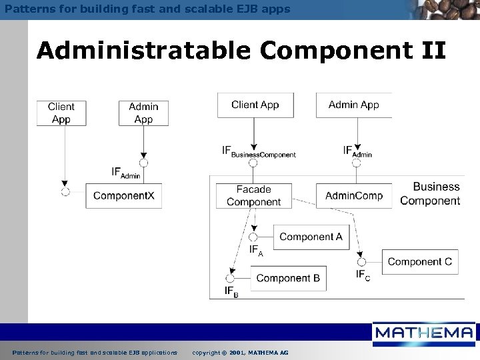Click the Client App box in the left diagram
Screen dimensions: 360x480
(61, 112)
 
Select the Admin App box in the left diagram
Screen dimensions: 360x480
(143, 112)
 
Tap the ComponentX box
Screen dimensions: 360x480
(123, 195)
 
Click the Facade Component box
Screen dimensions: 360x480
(253, 195)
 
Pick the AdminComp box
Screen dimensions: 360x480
(354, 195)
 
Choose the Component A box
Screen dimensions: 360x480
(311, 237)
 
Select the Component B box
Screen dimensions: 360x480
(288, 278)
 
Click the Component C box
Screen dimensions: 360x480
(419, 261)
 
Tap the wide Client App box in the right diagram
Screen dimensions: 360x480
(255, 105)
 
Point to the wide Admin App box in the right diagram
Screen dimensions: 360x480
(354, 105)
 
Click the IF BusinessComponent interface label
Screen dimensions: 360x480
(259, 151)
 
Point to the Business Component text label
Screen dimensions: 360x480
(430, 193)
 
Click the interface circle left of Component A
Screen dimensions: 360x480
(253, 237)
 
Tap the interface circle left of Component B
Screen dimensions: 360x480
(230, 278)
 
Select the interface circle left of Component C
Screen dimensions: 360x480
(362, 262)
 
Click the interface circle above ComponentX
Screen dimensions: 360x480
(143, 163)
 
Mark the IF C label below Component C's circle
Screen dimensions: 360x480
(363, 275)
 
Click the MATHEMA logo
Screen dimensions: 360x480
(423, 333)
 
